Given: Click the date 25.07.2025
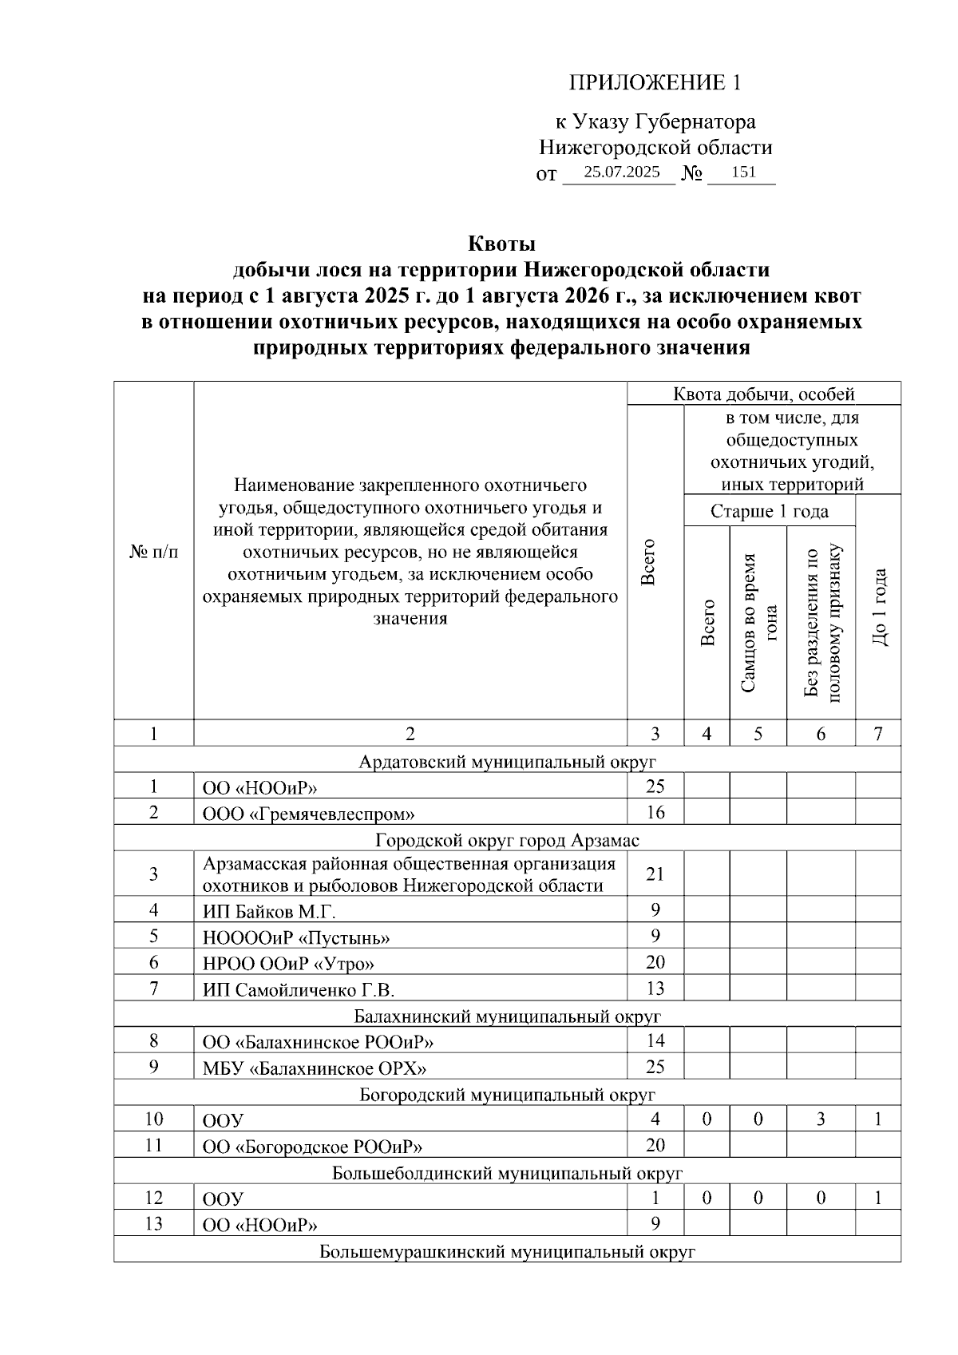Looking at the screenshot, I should coord(621,172).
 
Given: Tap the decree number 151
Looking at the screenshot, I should coord(742,172).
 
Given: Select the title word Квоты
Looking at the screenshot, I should coord(501,244).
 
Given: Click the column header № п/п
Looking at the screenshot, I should coord(153,553).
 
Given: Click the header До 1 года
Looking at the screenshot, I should coord(878,607).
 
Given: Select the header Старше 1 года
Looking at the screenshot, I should coord(769,511).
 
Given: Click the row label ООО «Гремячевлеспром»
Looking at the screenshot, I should coord(308,814).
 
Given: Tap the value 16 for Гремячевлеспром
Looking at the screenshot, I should coord(655,813).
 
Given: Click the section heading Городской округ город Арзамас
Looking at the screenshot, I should coord(507,840).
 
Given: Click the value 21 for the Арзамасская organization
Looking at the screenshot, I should coord(655,874).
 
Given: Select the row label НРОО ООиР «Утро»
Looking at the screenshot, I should coord(288,964).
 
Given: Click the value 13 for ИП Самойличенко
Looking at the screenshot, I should coord(655,989).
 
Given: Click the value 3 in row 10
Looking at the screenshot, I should coord(821,1119).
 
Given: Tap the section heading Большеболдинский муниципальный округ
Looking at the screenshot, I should coord(507,1173).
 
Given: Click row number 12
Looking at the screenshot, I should coord(153,1198).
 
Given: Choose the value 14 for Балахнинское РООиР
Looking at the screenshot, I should coord(655,1040).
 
